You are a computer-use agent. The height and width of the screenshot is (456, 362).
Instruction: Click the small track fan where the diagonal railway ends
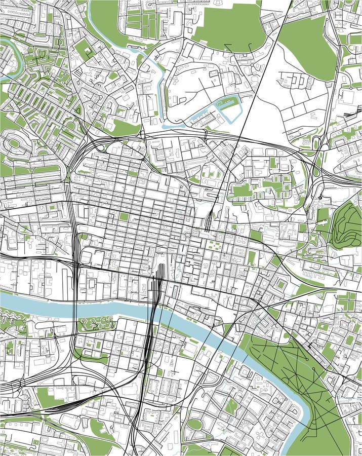point(209,223)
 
